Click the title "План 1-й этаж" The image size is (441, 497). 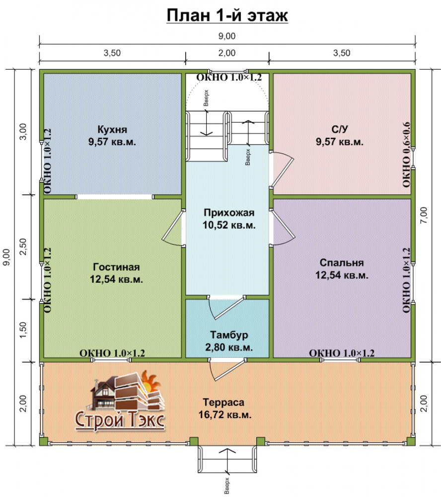(x=227, y=15)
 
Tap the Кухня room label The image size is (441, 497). (x=112, y=129)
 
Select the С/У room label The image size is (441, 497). (x=340, y=129)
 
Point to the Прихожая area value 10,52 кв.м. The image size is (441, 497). (x=229, y=225)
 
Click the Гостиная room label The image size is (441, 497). (x=116, y=267)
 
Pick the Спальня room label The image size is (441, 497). (x=342, y=262)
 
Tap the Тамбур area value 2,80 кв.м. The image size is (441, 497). (x=229, y=347)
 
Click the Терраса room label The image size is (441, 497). (x=223, y=402)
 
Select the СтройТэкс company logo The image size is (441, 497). (x=120, y=401)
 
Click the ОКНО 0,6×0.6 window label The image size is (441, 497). (x=406, y=155)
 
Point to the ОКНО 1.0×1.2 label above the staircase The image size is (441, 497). (x=229, y=78)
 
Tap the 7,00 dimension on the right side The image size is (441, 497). (x=424, y=215)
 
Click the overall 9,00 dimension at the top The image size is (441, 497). (x=227, y=36)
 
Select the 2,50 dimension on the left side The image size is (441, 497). (x=23, y=247)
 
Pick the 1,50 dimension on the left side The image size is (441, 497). (x=23, y=330)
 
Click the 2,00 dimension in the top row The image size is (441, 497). (x=227, y=53)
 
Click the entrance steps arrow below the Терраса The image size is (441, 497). (x=227, y=462)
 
